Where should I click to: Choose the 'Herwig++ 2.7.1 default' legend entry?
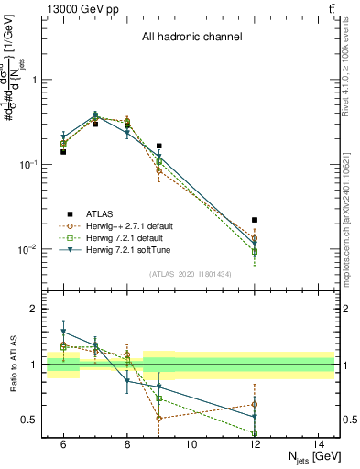[127, 225]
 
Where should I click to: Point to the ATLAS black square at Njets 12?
[255, 220]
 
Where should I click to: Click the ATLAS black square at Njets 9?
[158, 146]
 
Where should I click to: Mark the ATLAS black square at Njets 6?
[63, 152]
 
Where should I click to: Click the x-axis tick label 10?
[191, 444]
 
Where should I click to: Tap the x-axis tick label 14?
[319, 444]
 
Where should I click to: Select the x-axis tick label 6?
[63, 444]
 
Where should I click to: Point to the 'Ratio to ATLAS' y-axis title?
[14, 365]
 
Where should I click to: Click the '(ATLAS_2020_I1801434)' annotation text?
[191, 274]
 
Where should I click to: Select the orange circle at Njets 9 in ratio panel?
[158, 418]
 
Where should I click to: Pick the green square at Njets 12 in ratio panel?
[255, 432]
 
